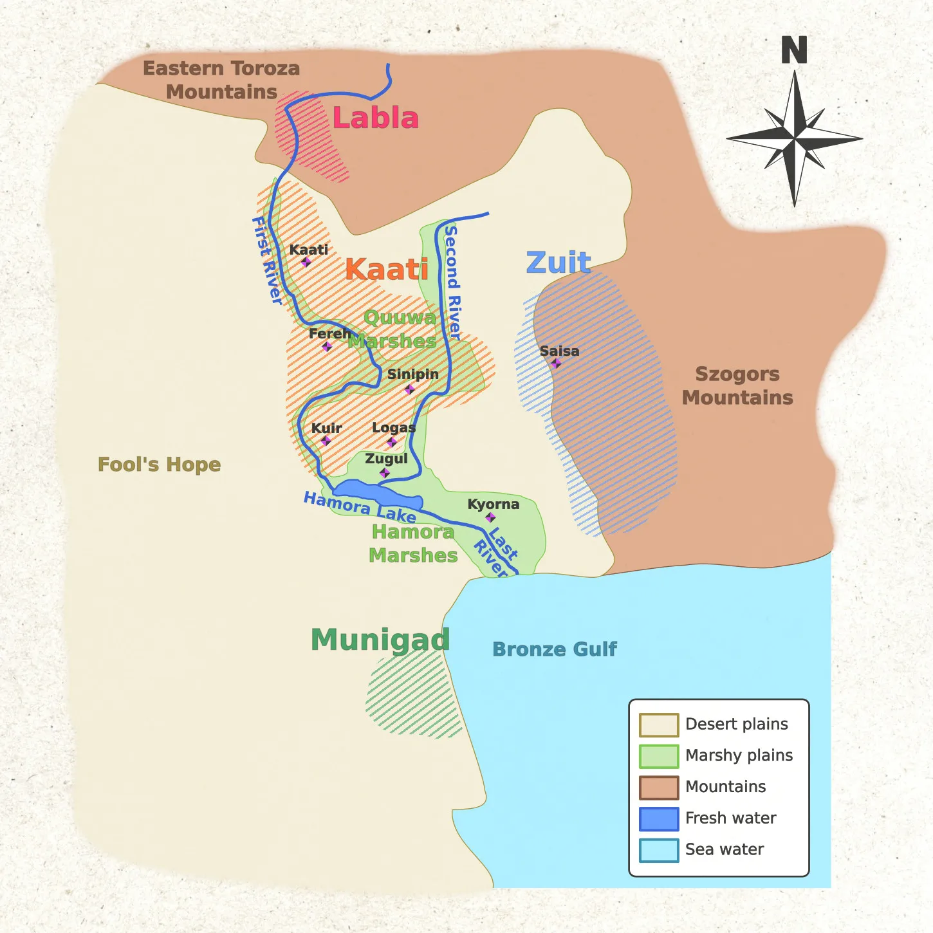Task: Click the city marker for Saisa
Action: pos(556,364)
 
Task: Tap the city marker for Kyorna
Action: pos(490,517)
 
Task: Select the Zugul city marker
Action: pos(385,473)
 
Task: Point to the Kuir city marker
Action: pos(326,441)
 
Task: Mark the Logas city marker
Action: pos(392,442)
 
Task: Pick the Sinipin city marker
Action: pos(410,389)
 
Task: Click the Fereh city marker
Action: pos(327,347)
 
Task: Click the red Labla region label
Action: pos(376,118)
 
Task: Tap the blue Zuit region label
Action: pos(558,263)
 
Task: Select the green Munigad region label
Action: pos(380,640)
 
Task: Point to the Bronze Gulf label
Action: pos(554,649)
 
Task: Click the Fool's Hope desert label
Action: pos(159,465)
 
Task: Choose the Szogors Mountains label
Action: pos(737,386)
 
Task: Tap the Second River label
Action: pos(453,282)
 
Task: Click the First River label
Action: pos(266,261)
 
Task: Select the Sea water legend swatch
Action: pos(658,850)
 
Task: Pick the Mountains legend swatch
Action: pos(658,787)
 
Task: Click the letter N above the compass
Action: pos(794,50)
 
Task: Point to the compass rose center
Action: pos(795,138)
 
